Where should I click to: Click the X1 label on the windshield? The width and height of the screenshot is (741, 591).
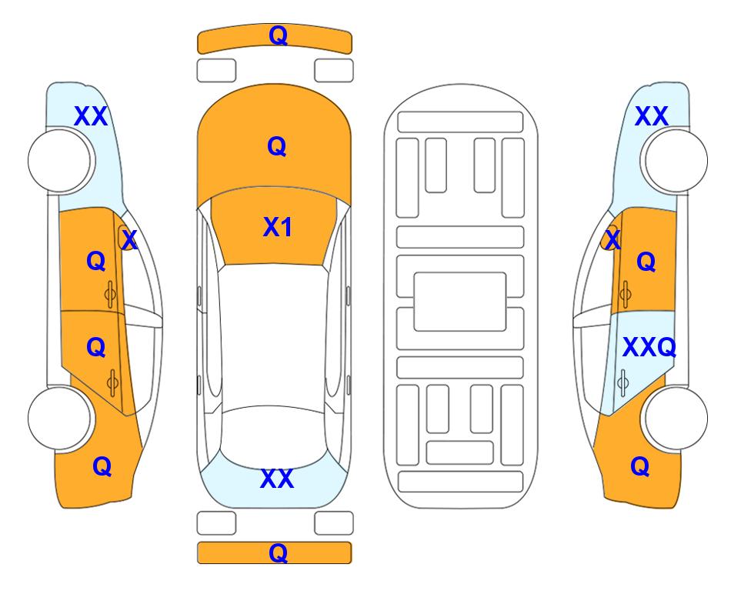pos(278,227)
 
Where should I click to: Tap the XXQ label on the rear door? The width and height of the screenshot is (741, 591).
pos(649,348)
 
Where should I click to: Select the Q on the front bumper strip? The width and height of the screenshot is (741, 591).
pos(278,35)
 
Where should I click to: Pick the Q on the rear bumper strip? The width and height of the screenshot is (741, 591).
pos(278,553)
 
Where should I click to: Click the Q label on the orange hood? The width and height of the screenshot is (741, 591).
pos(277,146)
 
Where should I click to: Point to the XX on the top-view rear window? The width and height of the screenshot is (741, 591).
pos(277,479)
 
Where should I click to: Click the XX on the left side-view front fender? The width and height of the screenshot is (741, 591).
pos(92,116)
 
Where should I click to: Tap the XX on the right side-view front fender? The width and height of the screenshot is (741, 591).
pos(652,116)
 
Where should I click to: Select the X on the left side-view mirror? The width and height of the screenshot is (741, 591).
pos(129,239)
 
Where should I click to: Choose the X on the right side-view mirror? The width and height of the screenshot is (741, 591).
pos(613,239)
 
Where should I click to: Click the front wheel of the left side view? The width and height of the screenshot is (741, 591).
pos(60,161)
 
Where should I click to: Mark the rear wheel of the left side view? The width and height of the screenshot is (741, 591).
pos(60,419)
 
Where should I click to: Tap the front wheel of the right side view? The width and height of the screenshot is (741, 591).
pos(676,161)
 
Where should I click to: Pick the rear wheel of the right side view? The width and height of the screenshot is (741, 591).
pos(676,419)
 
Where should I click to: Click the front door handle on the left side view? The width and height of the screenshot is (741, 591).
pos(110,295)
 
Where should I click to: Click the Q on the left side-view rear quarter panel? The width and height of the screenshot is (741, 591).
pos(102,466)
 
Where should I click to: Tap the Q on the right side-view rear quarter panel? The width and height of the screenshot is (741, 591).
pos(640,466)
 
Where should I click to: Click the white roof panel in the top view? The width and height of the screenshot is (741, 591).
pos(273,336)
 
